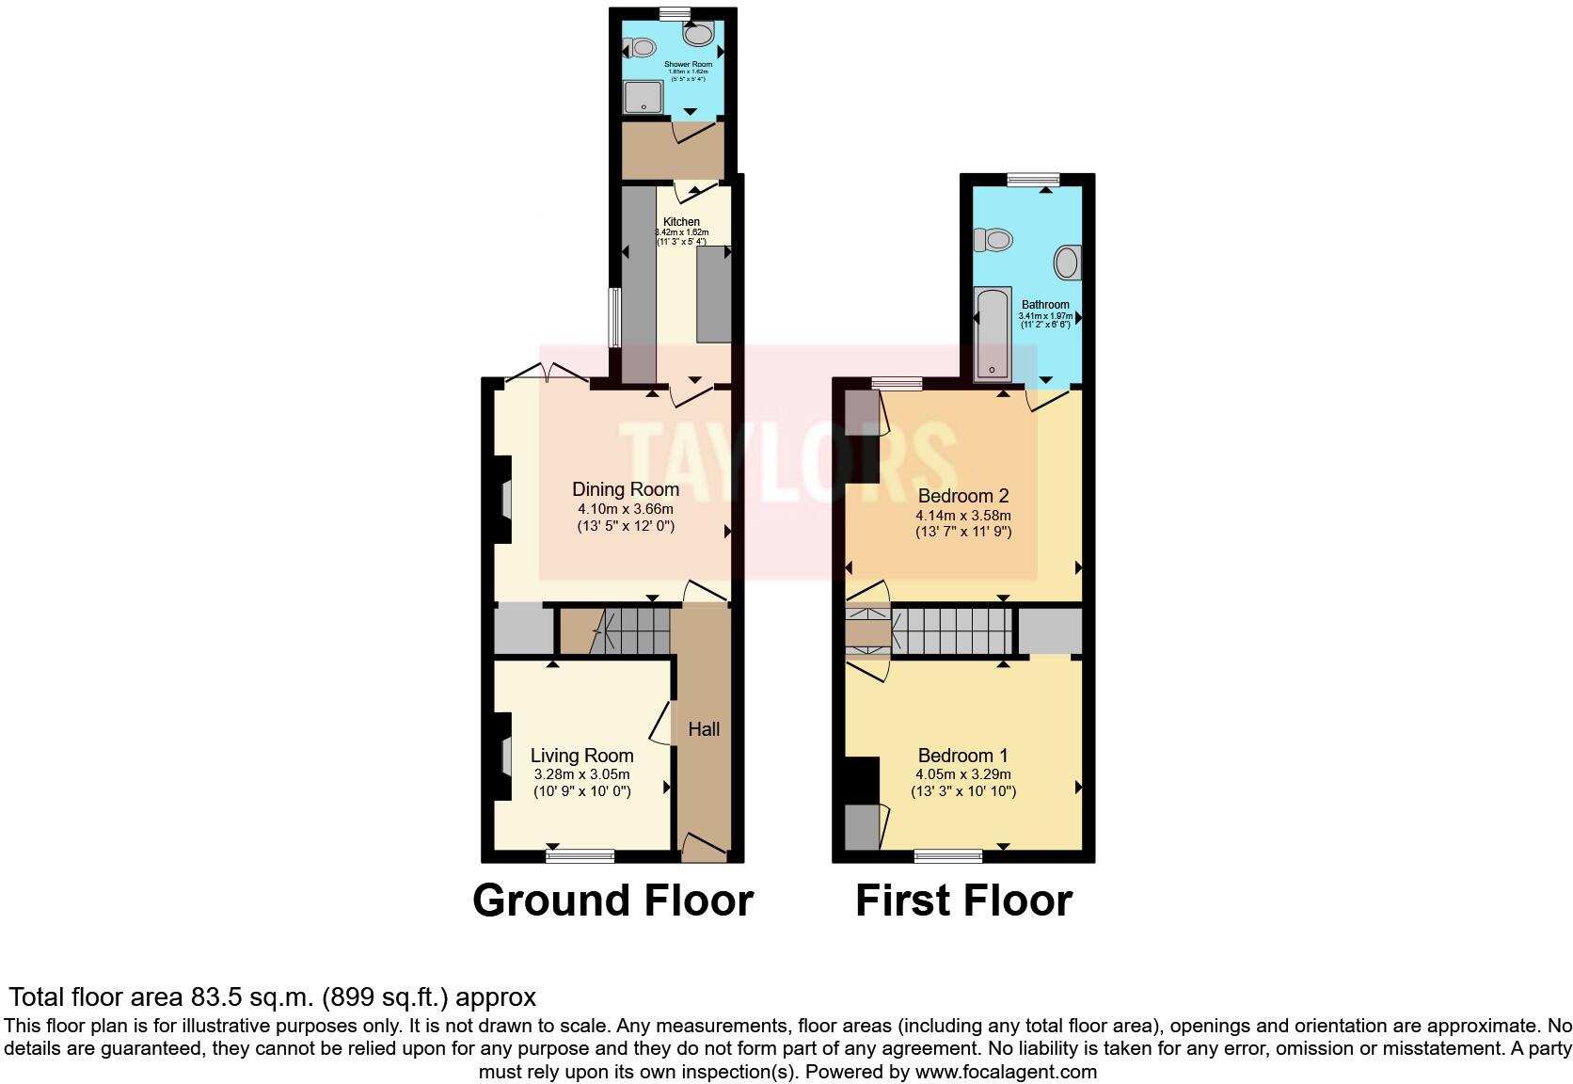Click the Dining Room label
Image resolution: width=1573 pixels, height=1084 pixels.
tap(626, 489)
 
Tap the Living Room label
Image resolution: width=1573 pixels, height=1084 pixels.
tap(581, 756)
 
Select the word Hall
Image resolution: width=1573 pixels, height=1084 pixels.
tap(704, 729)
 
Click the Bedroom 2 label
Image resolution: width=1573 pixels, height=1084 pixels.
tap(962, 496)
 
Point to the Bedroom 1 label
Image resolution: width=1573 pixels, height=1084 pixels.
tap(962, 756)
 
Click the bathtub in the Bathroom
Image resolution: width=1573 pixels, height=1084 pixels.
tap(993, 333)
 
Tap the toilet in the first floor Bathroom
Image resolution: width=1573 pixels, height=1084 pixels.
tap(993, 241)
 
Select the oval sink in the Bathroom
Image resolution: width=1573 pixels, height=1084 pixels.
tap(1067, 262)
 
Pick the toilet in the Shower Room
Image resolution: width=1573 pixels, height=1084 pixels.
tap(642, 46)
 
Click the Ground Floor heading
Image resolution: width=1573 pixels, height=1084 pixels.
tap(612, 901)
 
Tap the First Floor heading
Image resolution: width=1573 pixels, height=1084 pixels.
tap(963, 901)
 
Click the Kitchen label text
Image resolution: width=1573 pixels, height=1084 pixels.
tap(681, 222)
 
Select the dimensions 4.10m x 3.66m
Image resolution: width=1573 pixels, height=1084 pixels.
tap(626, 509)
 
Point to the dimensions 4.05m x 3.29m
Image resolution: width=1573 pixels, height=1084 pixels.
tap(962, 774)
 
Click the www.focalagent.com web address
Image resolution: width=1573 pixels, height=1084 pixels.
tap(1006, 1071)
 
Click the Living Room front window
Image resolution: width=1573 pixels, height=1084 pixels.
tap(580, 855)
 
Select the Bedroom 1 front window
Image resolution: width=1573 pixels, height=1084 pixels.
tap(947, 855)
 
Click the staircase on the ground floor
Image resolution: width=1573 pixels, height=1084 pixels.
tap(635, 630)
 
